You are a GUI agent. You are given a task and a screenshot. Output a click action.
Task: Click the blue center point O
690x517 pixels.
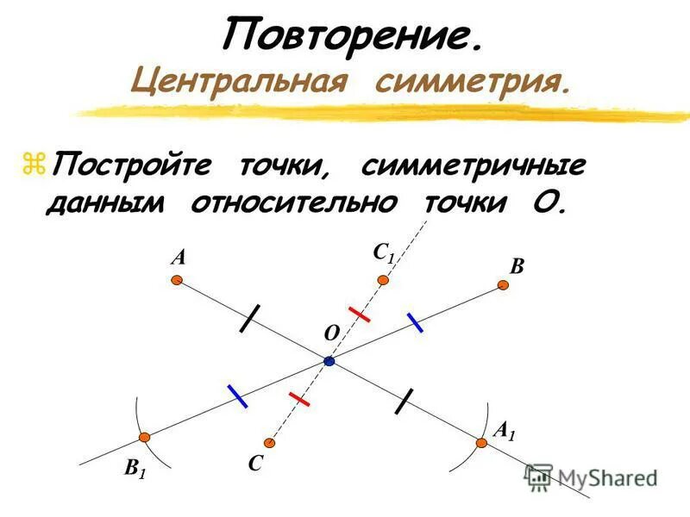(x=329, y=362)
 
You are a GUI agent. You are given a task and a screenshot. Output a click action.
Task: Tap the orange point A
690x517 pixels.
(x=176, y=280)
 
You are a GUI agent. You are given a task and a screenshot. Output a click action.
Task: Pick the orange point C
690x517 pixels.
(x=270, y=443)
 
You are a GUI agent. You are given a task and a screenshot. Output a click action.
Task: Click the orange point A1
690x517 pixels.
(x=481, y=442)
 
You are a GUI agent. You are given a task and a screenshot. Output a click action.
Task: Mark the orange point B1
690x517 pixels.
(x=145, y=437)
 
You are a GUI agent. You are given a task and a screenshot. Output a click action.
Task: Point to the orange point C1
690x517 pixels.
(x=383, y=280)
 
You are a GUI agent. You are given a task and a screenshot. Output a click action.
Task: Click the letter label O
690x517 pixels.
(x=329, y=333)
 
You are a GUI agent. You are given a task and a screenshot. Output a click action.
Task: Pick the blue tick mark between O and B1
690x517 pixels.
(x=238, y=396)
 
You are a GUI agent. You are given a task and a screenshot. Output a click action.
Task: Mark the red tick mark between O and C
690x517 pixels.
(x=299, y=399)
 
